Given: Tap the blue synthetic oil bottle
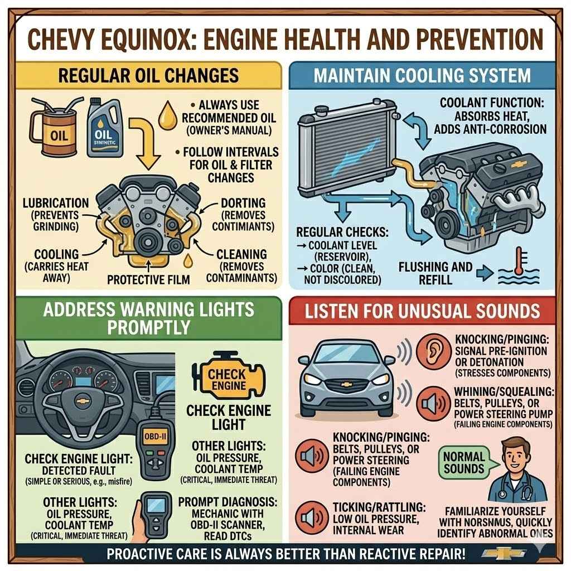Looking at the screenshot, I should (x=105, y=130).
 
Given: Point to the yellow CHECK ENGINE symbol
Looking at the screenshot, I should (x=228, y=379).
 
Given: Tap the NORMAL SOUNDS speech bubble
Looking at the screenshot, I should (x=463, y=462).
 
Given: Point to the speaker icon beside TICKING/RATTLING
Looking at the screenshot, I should (x=309, y=517).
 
